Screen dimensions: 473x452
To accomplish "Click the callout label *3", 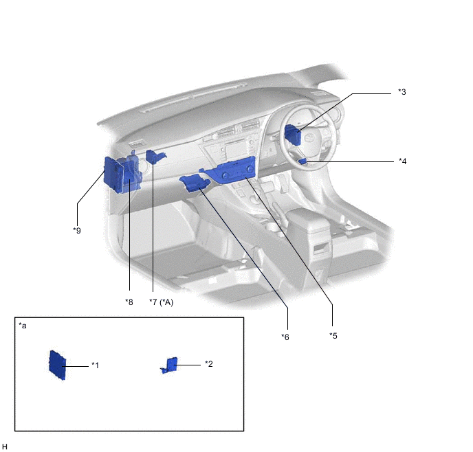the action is tap(401, 92).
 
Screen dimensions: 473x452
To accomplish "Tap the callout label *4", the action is tap(402, 161).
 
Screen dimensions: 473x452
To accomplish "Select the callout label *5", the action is tap(333, 335).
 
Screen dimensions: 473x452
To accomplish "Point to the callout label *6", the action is tap(285, 337).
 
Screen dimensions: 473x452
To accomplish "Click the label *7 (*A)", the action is tap(161, 302).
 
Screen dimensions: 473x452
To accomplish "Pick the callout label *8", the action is tap(129, 302).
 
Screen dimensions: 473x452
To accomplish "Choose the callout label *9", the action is tap(77, 231).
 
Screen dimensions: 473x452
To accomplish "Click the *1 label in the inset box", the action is tap(95, 365).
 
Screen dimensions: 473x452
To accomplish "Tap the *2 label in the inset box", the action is tap(209, 364).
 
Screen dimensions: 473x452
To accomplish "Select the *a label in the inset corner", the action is tap(23, 326).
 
